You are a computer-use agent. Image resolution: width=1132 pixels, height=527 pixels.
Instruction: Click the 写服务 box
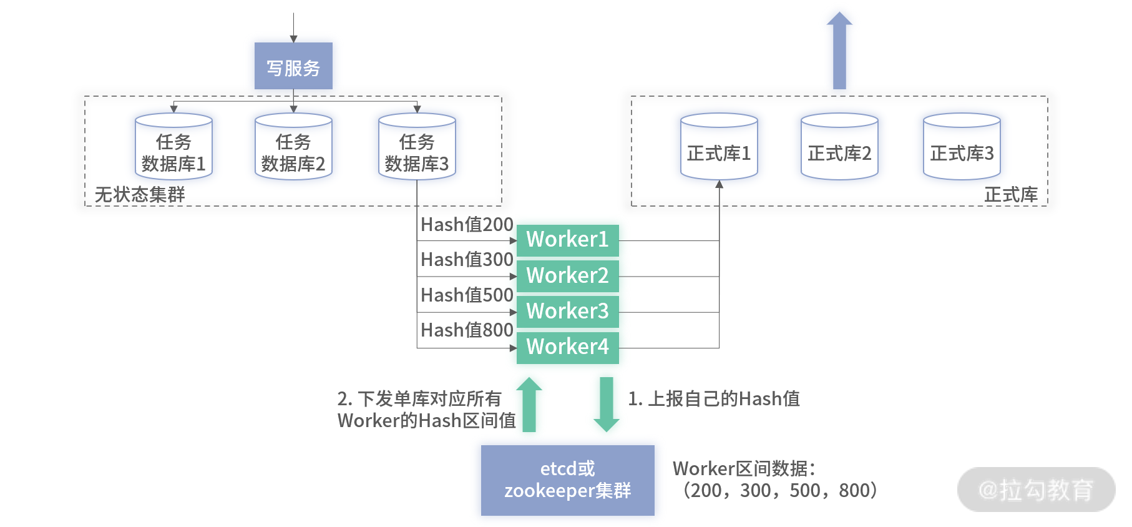pos(293,66)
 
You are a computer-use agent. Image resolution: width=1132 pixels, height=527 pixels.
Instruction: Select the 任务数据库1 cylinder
pos(173,147)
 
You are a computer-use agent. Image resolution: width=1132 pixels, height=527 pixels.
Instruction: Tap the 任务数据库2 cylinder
pos(293,147)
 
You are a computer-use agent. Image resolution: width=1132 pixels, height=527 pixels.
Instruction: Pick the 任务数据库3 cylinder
pos(417,147)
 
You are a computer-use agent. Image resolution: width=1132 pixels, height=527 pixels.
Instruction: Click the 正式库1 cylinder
pos(719,147)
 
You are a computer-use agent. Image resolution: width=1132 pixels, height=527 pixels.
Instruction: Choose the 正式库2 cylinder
pos(839,147)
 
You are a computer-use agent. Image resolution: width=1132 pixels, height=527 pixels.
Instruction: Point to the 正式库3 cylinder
pos(962,147)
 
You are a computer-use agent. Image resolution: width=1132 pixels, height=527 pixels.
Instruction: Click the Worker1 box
pos(568,240)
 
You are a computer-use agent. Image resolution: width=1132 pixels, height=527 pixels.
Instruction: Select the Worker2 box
pos(568,276)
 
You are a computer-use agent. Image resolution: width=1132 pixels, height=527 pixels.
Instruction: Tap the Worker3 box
pos(568,312)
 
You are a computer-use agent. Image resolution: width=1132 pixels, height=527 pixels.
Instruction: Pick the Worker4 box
pos(568,347)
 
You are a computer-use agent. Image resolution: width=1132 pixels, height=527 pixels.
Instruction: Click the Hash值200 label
pos(467,224)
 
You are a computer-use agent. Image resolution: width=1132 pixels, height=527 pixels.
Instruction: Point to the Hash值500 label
pos(467,295)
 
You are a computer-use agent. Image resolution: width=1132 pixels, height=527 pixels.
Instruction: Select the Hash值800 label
pos(467,330)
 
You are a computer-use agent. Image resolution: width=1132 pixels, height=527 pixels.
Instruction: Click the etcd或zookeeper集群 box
pos(568,480)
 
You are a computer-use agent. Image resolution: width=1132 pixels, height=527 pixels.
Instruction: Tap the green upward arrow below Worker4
pos(529,405)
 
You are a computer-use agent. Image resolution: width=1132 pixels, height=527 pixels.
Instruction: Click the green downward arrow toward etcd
pos(607,405)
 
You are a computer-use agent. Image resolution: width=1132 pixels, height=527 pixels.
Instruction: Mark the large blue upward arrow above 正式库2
pos(839,51)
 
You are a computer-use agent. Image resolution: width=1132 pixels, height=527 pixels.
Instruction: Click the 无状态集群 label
pos(140,195)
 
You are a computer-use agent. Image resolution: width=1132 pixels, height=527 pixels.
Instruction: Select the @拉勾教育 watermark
pos(1036,490)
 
